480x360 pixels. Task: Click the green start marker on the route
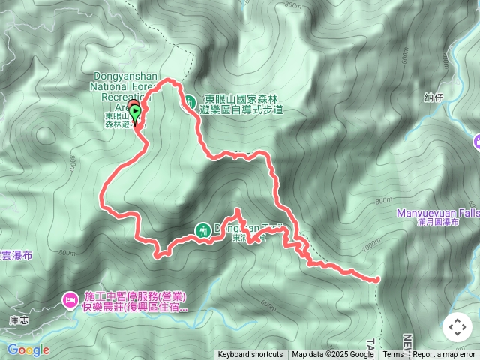[135, 113]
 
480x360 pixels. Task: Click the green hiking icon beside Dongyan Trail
[203, 229]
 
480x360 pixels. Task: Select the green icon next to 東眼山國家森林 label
[190, 100]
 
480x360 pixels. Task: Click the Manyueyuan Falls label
[439, 213]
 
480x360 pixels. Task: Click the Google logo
[28, 349]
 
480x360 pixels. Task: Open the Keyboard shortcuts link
[250, 355]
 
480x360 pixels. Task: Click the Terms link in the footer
[393, 355]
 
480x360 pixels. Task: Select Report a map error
[445, 355]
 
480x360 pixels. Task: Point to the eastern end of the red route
[376, 279]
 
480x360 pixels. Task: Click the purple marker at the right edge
[477, 142]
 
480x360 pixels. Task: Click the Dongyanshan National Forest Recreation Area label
[124, 86]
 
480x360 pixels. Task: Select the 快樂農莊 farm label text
[129, 307]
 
